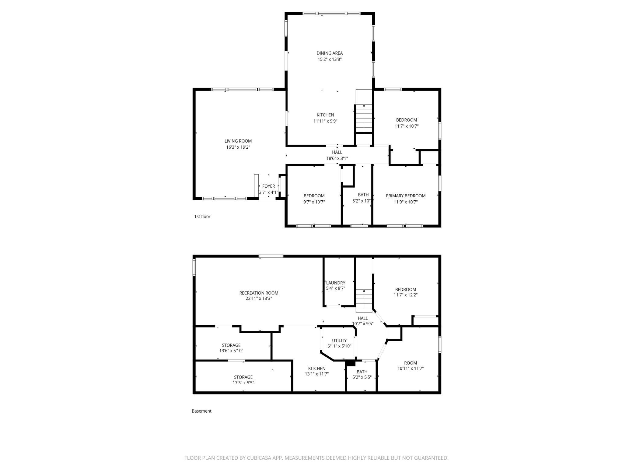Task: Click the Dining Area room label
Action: coord(330,53)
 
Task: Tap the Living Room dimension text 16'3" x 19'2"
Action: coord(238,147)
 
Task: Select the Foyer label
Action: coord(268,186)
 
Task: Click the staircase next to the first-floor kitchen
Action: coord(364,118)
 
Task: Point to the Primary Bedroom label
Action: coord(406,196)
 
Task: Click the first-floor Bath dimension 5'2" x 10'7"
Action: coord(363,201)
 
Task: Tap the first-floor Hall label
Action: coord(337,152)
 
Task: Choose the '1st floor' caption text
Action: coord(202,216)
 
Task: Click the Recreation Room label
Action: coord(259,293)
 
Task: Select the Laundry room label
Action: coord(336,283)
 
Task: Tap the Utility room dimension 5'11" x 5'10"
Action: coord(339,346)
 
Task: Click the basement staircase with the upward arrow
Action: coord(364,301)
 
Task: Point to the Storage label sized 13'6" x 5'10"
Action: coord(231,345)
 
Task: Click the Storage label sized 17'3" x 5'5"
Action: coord(243,377)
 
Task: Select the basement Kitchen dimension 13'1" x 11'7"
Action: coord(317,374)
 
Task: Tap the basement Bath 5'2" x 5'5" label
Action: coord(362,372)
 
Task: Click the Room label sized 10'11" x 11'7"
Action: coord(411,363)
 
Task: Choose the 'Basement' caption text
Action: coord(201,411)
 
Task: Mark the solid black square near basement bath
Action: coord(351,363)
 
